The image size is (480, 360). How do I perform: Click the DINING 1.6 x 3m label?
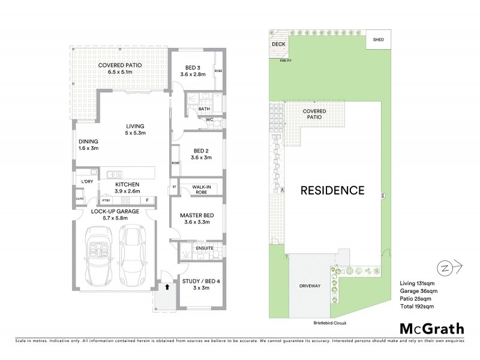88,144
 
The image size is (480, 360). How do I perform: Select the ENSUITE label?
204,246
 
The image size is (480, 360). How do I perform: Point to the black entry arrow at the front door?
168,287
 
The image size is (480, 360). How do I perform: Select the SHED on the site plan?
378,40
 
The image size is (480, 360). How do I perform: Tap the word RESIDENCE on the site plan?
332,191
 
